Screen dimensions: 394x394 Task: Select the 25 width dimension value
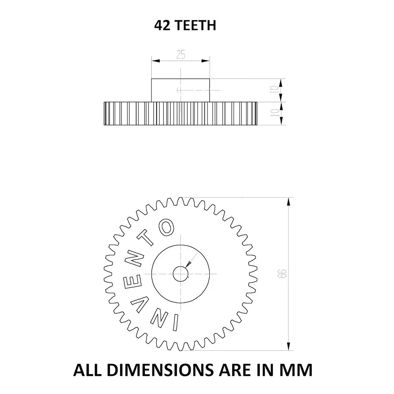[181, 55]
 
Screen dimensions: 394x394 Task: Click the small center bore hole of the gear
[180, 273]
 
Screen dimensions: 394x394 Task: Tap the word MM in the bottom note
[297, 370]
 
